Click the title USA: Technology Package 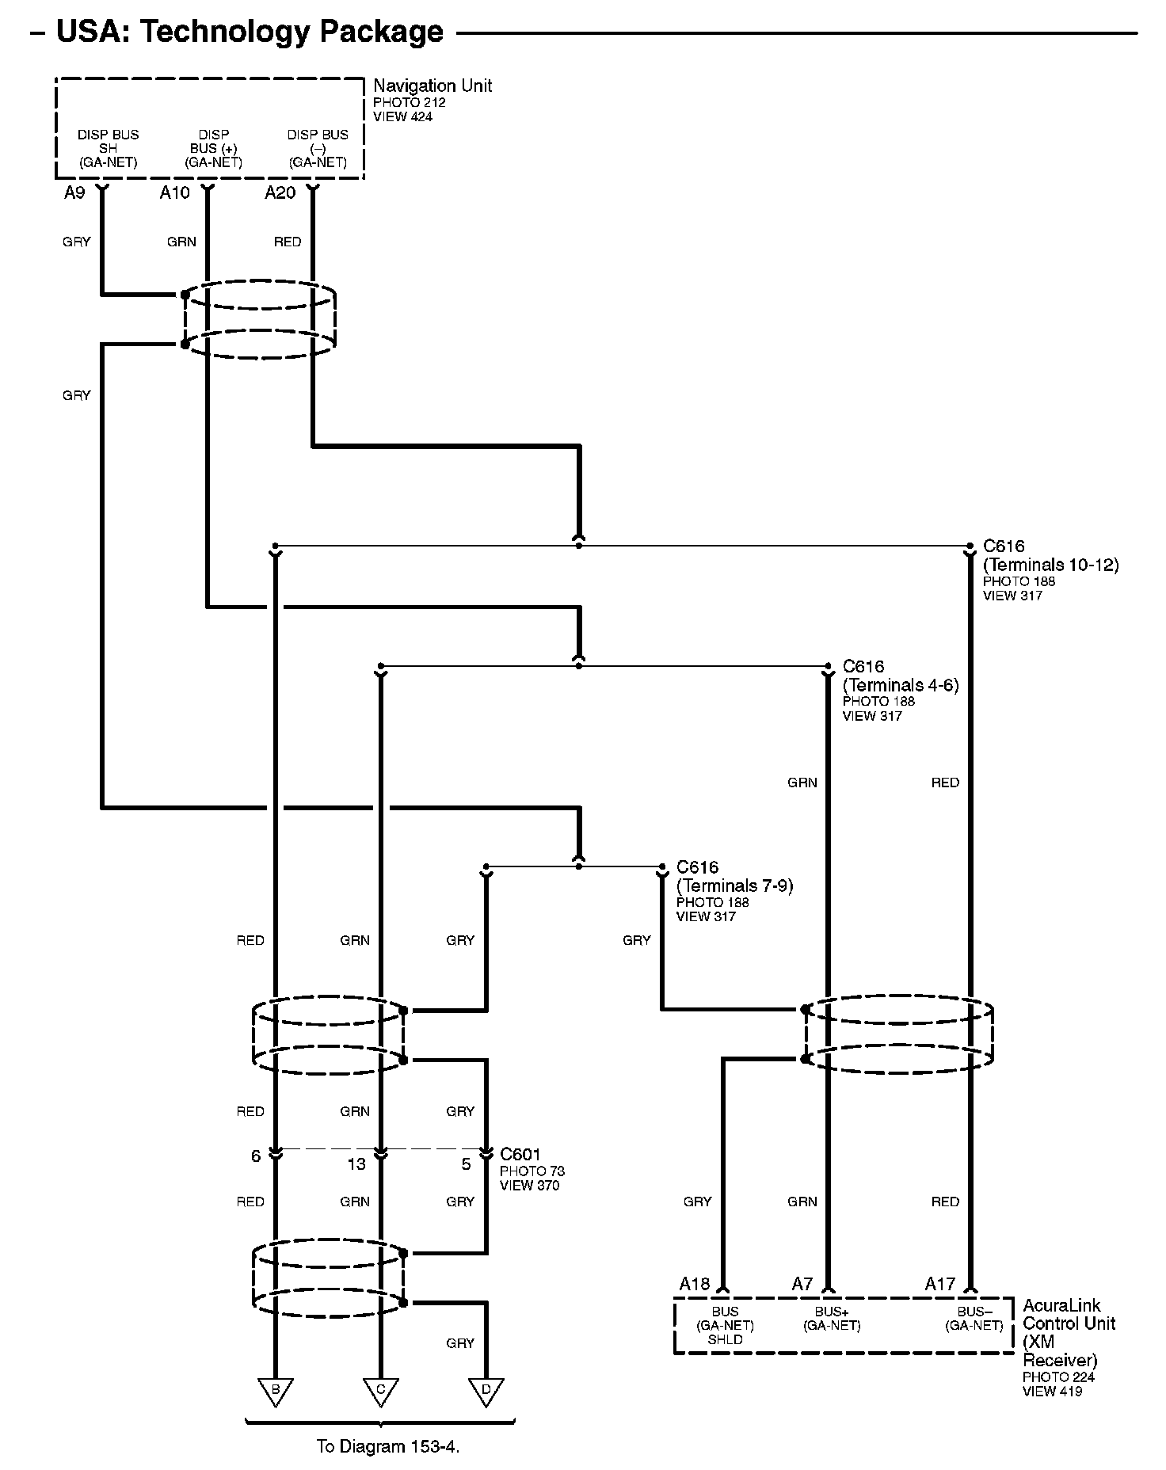coord(250,32)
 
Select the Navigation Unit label coord(432,86)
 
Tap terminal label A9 coord(74,193)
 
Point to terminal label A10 coord(174,193)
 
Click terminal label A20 coord(280,193)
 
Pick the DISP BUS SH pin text coord(109,148)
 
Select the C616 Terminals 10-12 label coord(1050,556)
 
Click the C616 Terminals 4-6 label coord(900,676)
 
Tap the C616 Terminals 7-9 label coord(734,877)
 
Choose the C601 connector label coord(520,1155)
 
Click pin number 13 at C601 coord(356,1164)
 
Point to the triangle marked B coord(276,1390)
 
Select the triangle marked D coord(486,1390)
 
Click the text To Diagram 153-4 coord(388,1446)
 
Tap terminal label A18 coord(694,1284)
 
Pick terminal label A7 coord(802,1284)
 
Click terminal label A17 coord(940,1284)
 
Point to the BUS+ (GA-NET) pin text coord(832,1319)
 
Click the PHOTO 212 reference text coord(409,103)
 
